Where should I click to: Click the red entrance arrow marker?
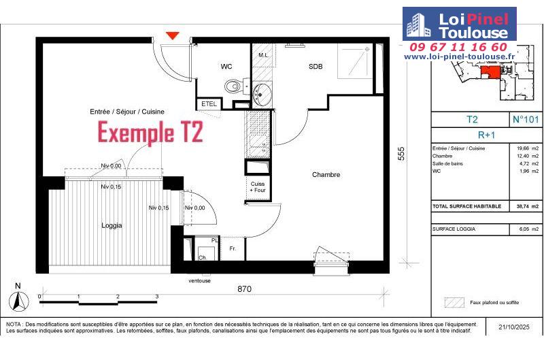(x=173, y=35)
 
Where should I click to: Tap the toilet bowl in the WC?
(x=233, y=86)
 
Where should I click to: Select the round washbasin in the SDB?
(x=262, y=93)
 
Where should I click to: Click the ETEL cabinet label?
(x=209, y=104)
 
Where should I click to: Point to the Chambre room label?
(x=326, y=175)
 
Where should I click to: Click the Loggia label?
(x=112, y=226)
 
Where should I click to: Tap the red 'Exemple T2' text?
(x=150, y=132)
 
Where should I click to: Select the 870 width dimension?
(x=244, y=289)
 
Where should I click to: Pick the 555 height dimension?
(x=401, y=153)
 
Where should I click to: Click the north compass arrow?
(x=18, y=301)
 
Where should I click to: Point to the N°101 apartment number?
(x=525, y=119)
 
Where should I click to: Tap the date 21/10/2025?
(x=514, y=327)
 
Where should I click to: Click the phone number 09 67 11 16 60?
(x=458, y=47)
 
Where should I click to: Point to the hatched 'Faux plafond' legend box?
(x=454, y=302)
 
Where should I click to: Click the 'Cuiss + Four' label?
(x=258, y=187)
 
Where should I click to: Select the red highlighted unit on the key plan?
(x=490, y=72)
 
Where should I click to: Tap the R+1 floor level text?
(x=486, y=135)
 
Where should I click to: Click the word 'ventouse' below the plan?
(x=199, y=280)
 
